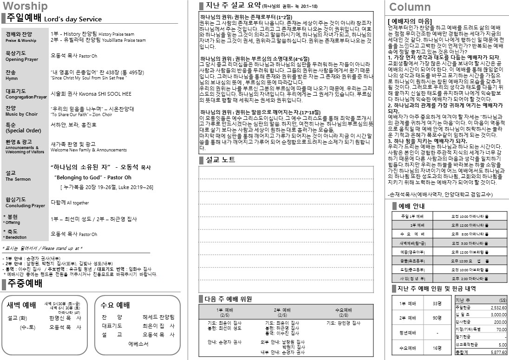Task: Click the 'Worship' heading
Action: pos(25,7)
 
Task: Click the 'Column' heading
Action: pos(410,7)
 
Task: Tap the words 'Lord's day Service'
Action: pos(73,19)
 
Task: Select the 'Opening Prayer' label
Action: pos(22,59)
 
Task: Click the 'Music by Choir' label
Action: pos(21,114)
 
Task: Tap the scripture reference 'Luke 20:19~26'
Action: pos(136,187)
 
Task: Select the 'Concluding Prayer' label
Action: pos(25,206)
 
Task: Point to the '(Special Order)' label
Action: pos(23,131)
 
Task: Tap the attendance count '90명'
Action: pos(437,318)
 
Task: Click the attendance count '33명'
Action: pos(437,303)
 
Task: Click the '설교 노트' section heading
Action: pos(220,160)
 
